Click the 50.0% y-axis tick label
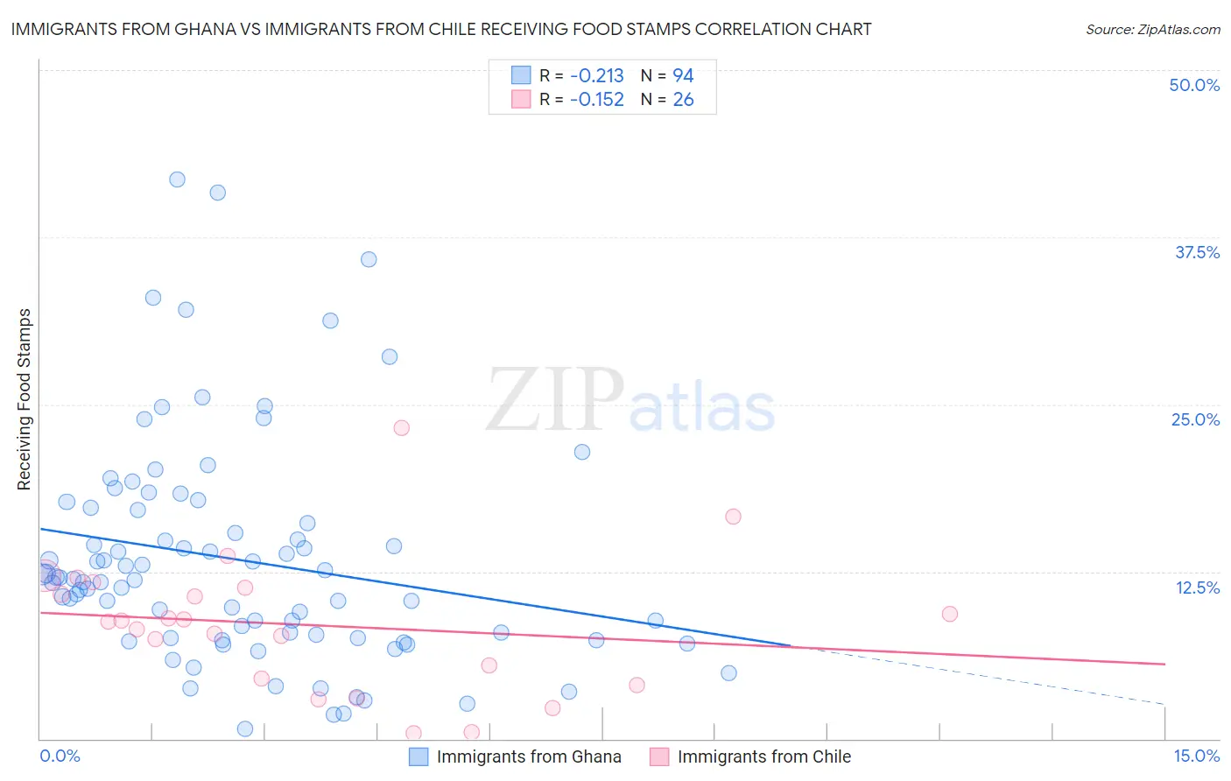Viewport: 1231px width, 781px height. coord(1193,85)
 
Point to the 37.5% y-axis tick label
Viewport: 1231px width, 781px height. coord(1196,252)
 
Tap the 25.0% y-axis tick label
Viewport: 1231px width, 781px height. coord(1194,419)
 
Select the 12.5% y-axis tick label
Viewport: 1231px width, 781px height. coord(1196,588)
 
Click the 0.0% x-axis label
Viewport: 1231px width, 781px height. coord(60,756)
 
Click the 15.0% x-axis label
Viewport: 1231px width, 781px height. coord(1196,756)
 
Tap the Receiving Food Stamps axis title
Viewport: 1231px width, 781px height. coord(24,399)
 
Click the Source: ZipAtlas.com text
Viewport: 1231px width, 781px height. coord(1152,30)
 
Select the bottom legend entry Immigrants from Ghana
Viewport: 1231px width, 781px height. coord(528,756)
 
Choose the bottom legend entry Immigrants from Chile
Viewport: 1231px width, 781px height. coord(763,756)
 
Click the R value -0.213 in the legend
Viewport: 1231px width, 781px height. coord(596,76)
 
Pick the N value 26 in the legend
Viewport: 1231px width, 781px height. coord(683,100)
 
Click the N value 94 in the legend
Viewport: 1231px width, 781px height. coord(683,76)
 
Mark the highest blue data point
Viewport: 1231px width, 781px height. coord(177,179)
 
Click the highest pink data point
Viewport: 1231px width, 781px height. coord(401,428)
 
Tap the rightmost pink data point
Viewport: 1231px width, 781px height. coord(949,614)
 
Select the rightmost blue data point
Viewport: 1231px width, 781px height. coord(728,673)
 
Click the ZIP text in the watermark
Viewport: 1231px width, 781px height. coord(555,400)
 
